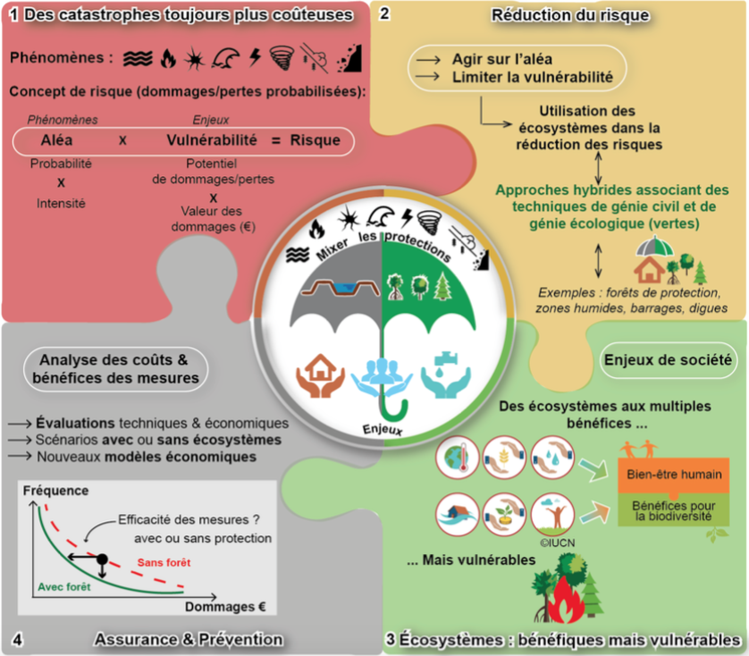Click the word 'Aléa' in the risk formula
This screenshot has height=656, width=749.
point(57,140)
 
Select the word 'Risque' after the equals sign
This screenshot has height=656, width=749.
point(316,140)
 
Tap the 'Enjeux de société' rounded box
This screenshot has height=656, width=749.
point(668,360)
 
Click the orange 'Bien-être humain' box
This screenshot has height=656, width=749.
point(674,475)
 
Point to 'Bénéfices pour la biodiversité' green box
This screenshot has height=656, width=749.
point(674,510)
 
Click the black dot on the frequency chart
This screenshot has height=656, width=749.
point(102,558)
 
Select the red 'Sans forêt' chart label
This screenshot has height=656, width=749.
point(164,562)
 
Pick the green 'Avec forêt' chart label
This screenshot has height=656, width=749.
point(64,586)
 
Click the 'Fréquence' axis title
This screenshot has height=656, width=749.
point(56,491)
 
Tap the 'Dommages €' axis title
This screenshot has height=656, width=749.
point(225,607)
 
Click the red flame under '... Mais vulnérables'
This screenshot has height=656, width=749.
point(566,600)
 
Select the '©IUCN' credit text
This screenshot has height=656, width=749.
point(558,542)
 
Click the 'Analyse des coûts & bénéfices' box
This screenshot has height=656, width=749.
point(115,369)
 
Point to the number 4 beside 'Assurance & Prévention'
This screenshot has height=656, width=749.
point(17,640)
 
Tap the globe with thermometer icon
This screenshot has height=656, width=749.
point(457,458)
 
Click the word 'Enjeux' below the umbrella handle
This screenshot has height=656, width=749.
point(383,429)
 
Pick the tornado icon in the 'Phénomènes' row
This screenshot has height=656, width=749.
point(282,58)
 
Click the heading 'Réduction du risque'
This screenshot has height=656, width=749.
point(570,15)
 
